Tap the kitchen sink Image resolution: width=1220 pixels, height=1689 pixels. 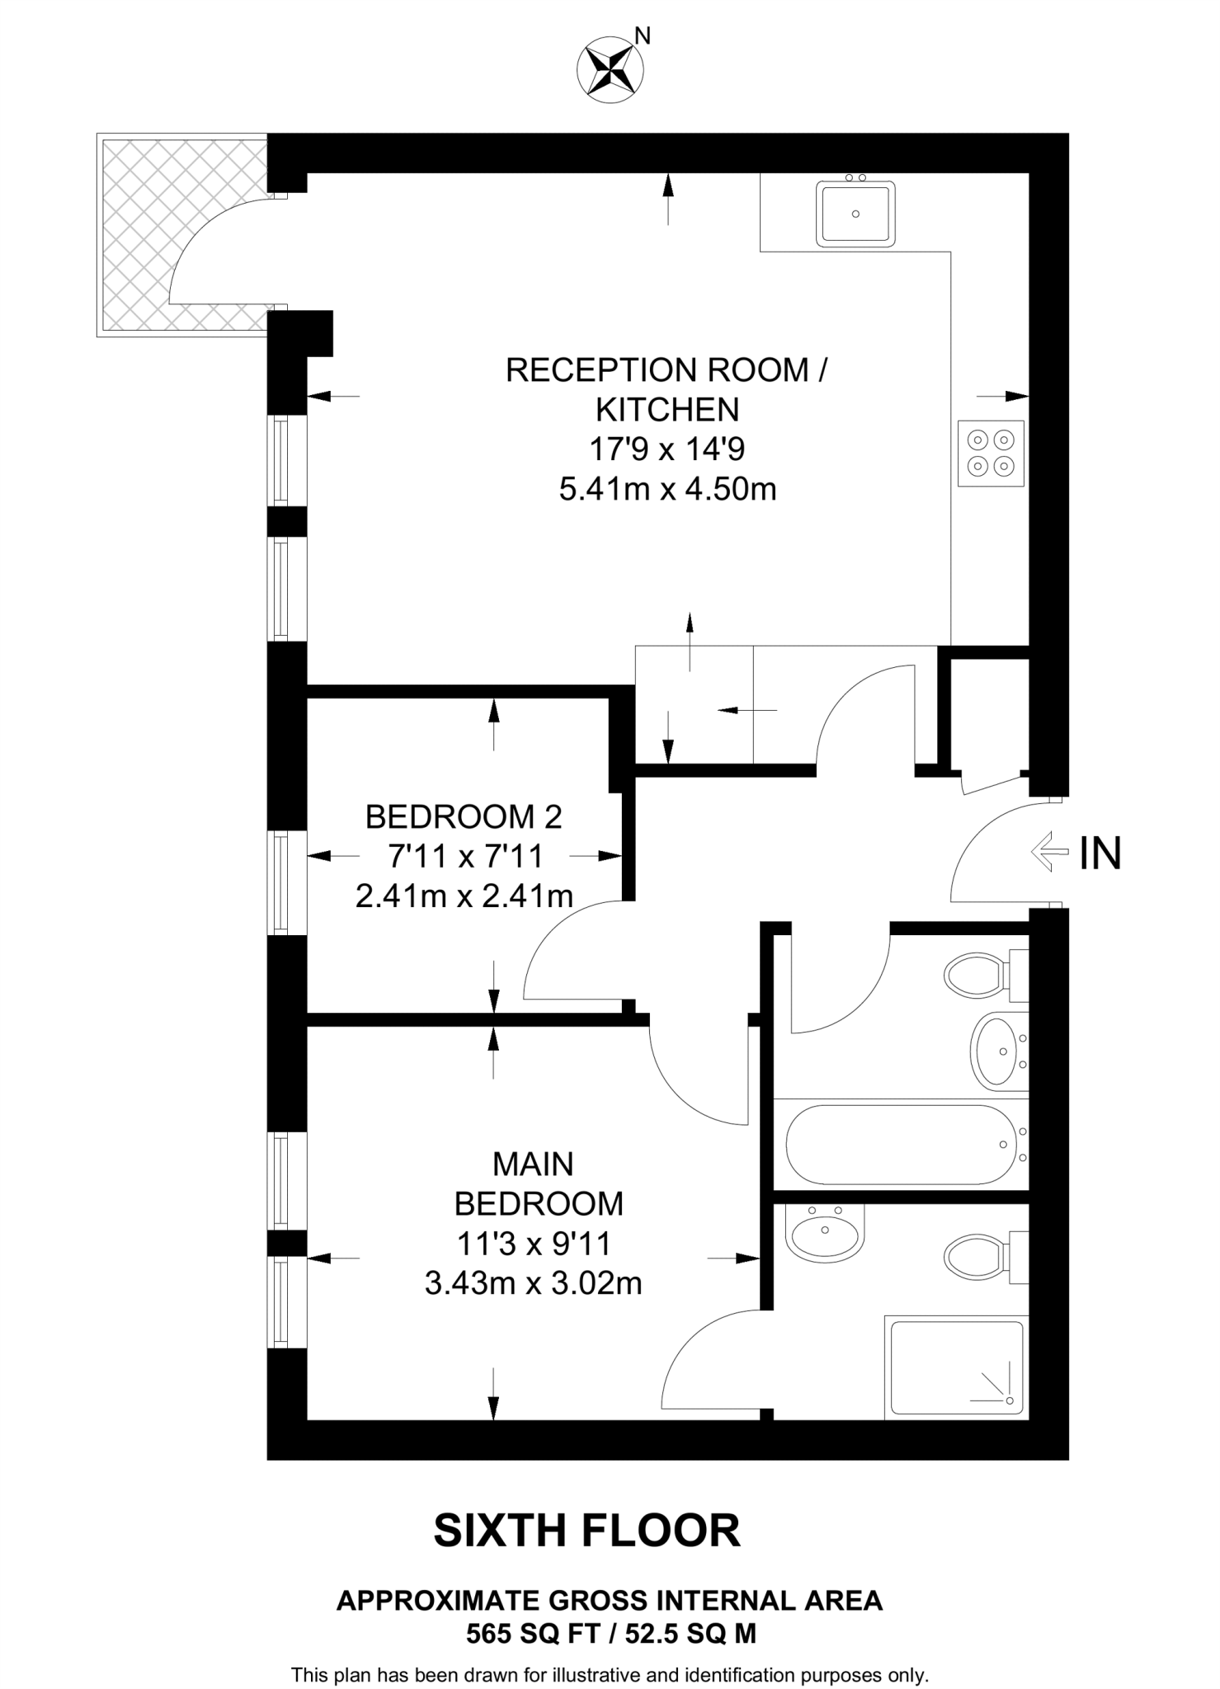[x=855, y=214]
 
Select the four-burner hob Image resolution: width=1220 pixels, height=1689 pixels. [x=991, y=453]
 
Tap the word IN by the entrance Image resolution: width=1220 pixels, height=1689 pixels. [x=1100, y=854]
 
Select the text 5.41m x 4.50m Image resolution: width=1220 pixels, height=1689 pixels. [x=667, y=490]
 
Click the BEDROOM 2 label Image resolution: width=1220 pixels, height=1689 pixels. [x=464, y=816]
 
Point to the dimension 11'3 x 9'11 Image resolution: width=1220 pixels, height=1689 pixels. [x=533, y=1244]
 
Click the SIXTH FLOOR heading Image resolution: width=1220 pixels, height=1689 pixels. [x=586, y=1531]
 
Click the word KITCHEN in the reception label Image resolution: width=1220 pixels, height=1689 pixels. [x=667, y=410]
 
